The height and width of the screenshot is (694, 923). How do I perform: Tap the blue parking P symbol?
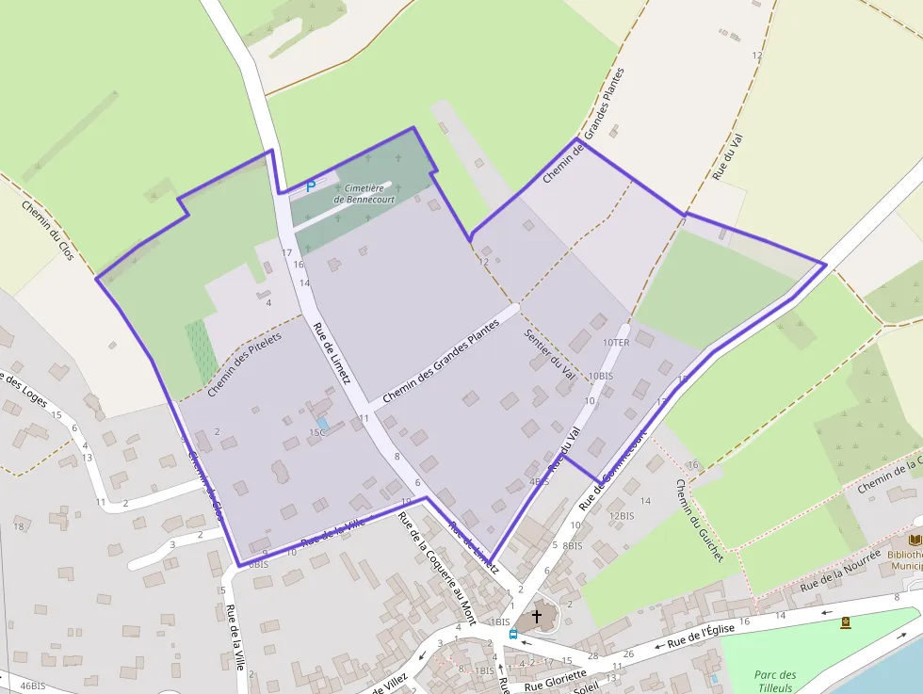(x=311, y=187)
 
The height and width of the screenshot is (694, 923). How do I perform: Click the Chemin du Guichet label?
(x=699, y=521)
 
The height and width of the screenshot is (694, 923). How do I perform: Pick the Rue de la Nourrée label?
(x=840, y=573)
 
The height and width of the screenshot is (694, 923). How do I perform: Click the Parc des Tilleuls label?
(x=774, y=681)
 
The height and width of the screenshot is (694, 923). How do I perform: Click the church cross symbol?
(x=537, y=617)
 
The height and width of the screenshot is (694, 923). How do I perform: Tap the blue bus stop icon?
(x=512, y=634)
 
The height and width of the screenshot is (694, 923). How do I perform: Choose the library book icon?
(x=915, y=541)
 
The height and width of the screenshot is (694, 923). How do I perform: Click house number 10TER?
(x=615, y=343)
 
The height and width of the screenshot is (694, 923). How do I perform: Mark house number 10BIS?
(x=600, y=376)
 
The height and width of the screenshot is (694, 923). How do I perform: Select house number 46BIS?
(x=32, y=686)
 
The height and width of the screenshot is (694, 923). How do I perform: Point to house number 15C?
(x=316, y=432)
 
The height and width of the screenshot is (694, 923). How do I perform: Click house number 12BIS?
(x=621, y=516)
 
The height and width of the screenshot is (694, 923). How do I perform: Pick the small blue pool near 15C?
(x=324, y=424)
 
